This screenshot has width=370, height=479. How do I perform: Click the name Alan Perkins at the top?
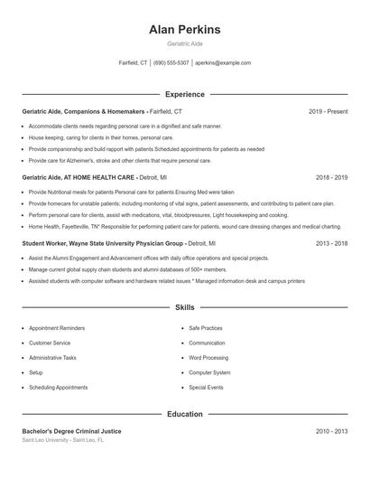(x=184, y=30)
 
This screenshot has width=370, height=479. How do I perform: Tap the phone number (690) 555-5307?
(x=171, y=63)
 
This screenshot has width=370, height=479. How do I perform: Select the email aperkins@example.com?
(x=223, y=63)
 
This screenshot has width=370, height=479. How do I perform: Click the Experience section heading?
(x=184, y=94)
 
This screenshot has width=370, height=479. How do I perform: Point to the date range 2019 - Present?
(x=328, y=111)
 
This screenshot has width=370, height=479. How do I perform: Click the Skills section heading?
(x=184, y=307)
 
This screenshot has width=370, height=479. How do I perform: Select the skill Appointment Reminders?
(x=57, y=328)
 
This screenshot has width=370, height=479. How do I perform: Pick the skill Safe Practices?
(x=206, y=328)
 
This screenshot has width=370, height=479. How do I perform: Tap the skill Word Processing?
(x=208, y=358)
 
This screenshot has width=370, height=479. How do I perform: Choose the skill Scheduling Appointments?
(x=58, y=387)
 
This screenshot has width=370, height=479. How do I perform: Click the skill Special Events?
(x=206, y=387)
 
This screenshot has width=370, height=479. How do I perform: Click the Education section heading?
(x=184, y=414)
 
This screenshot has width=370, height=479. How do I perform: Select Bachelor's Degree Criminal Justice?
(x=71, y=431)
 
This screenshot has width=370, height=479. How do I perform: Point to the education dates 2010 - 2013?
(x=331, y=431)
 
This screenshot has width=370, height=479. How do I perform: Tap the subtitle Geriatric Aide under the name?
(x=184, y=43)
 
